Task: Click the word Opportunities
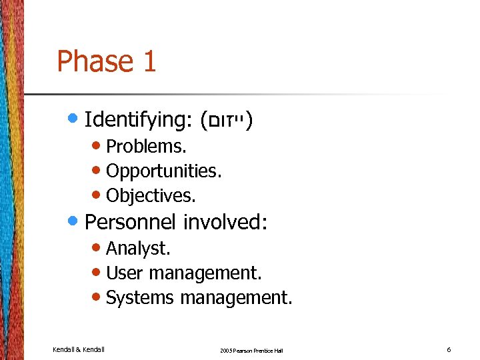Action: tap(164, 171)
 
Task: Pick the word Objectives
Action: tap(151, 196)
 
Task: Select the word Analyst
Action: tap(139, 249)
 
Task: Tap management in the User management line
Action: tap(205, 273)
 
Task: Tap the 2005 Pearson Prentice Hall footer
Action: tap(251, 350)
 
